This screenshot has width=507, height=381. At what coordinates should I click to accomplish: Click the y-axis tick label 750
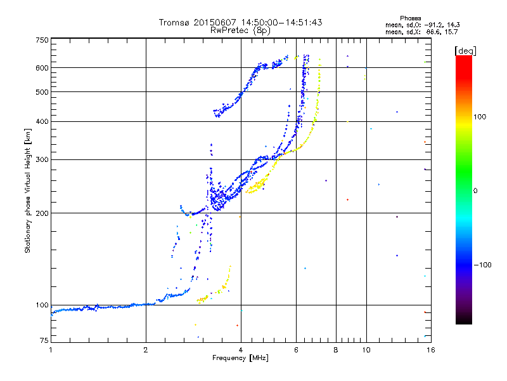pyautogui.click(x=42, y=40)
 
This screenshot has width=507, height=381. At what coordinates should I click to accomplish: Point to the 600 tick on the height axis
pyautogui.click(x=42, y=68)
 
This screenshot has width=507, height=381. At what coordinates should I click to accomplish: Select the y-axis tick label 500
pyautogui.click(x=42, y=92)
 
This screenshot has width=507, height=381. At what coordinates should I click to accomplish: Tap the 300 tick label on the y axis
pyautogui.click(x=42, y=160)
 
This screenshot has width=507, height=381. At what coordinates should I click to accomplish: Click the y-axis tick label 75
pyautogui.click(x=44, y=340)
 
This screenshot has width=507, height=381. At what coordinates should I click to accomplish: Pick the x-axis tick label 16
pyautogui.click(x=431, y=350)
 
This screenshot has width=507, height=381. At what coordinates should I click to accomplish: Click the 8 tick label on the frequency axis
pyautogui.click(x=336, y=350)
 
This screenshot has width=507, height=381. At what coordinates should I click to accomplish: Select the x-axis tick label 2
pyautogui.click(x=146, y=350)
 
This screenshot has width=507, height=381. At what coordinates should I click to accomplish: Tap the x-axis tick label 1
pyautogui.click(x=51, y=350)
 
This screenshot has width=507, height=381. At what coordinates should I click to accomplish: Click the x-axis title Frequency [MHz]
pyautogui.click(x=241, y=358)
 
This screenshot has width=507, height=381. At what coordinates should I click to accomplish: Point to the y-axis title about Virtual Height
pyautogui.click(x=28, y=190)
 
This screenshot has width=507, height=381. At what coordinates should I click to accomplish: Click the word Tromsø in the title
pyautogui.click(x=174, y=22)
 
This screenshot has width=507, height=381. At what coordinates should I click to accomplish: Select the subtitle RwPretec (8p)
pyautogui.click(x=240, y=30)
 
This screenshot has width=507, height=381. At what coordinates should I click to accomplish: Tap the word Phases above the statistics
pyautogui.click(x=410, y=18)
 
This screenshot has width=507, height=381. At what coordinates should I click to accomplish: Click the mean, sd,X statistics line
pyautogui.click(x=421, y=32)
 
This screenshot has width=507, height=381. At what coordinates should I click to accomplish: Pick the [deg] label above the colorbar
pyautogui.click(x=465, y=51)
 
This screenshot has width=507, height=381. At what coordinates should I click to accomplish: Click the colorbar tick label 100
pyautogui.click(x=480, y=117)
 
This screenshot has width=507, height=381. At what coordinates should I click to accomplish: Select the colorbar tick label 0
pyautogui.click(x=475, y=191)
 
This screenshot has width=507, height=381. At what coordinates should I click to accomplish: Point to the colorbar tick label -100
pyautogui.click(x=482, y=265)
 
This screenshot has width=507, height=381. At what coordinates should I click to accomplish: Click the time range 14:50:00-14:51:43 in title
pyautogui.click(x=281, y=22)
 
